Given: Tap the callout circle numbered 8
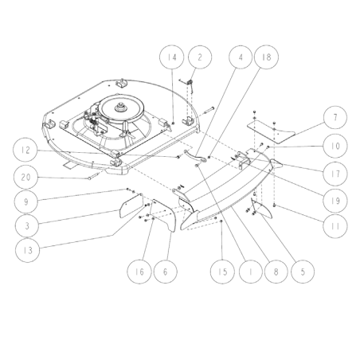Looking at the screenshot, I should (x=276, y=272).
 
